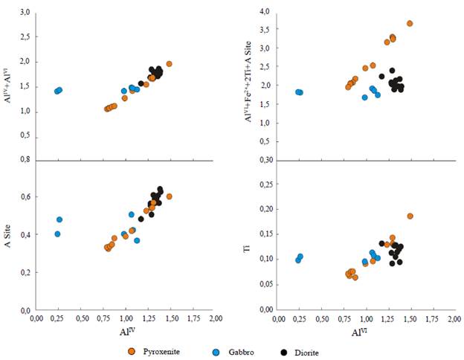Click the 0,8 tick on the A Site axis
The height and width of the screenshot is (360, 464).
(25, 159)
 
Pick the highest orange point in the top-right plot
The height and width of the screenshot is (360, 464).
(410, 24)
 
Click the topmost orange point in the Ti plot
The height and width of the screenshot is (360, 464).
(410, 216)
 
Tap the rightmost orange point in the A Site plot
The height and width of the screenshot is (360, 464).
(170, 196)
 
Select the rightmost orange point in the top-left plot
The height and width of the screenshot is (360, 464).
(170, 64)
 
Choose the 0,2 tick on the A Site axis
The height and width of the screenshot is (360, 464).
(25, 273)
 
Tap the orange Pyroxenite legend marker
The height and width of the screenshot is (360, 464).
(132, 351)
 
